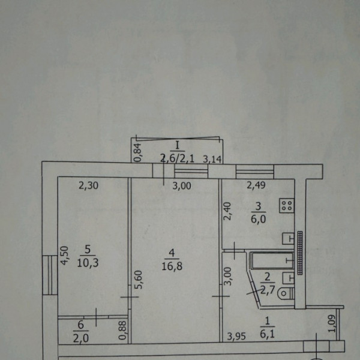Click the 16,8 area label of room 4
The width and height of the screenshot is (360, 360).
[x=172, y=266]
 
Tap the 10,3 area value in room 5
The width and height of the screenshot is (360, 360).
[x=88, y=263]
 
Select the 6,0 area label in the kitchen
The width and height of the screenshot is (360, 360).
[x=258, y=219]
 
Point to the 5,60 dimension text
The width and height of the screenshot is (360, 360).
[x=139, y=280]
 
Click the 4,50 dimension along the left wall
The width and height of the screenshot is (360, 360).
[x=65, y=256]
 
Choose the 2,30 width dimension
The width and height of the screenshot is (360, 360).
[x=88, y=185]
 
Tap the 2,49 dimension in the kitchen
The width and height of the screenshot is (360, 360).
[x=256, y=185]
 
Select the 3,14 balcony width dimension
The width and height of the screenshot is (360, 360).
[x=212, y=159]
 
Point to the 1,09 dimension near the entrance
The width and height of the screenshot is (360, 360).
[x=332, y=323]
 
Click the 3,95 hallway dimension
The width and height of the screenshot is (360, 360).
[x=236, y=337]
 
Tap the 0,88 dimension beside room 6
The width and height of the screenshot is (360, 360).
[x=123, y=330]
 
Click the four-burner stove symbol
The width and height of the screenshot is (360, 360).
[x=287, y=205]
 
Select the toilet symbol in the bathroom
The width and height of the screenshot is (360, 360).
[x=286, y=293]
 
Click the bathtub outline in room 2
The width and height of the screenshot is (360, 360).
[x=272, y=260]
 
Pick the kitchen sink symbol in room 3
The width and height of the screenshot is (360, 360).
[x=288, y=239]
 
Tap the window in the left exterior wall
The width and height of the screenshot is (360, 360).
[x=50, y=275]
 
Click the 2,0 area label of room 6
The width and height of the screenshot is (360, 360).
[x=81, y=338]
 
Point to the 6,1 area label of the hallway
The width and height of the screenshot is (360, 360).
[x=267, y=334]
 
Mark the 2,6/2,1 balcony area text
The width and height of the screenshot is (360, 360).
[x=177, y=158]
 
